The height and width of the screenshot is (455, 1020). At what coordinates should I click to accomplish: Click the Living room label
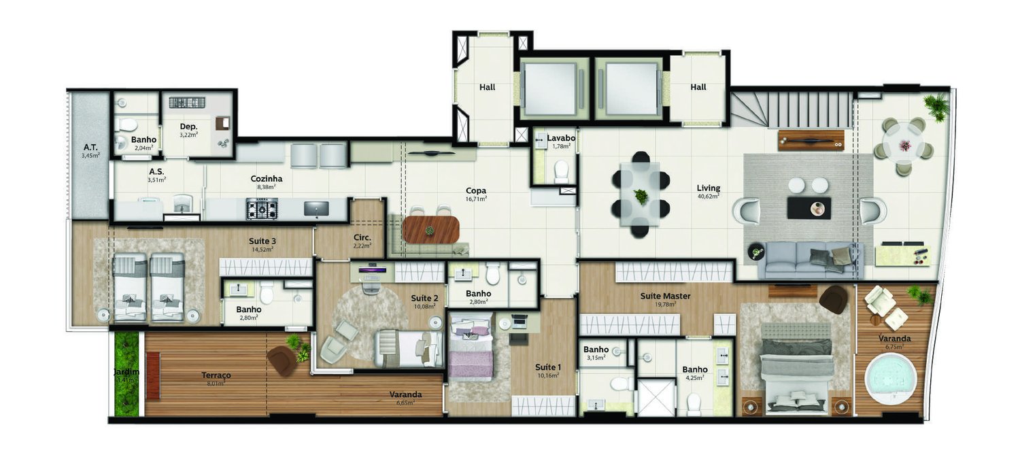point(708,188)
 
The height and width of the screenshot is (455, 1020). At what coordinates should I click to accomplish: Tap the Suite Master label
point(665,296)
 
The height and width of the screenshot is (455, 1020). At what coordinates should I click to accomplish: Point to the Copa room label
point(475,191)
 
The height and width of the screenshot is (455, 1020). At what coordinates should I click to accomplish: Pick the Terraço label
point(216,375)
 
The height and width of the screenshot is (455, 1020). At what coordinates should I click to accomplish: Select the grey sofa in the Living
point(810,259)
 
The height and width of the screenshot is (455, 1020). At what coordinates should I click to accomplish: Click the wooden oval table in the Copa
point(430,229)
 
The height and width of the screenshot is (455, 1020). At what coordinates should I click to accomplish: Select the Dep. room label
point(188,127)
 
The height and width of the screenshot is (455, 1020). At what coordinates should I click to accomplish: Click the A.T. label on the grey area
point(89,147)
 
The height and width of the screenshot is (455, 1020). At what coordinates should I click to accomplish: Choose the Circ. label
point(362,237)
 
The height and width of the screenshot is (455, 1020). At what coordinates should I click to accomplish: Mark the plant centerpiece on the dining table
point(641,197)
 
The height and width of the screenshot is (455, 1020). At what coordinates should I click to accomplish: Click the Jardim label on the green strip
point(126,372)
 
